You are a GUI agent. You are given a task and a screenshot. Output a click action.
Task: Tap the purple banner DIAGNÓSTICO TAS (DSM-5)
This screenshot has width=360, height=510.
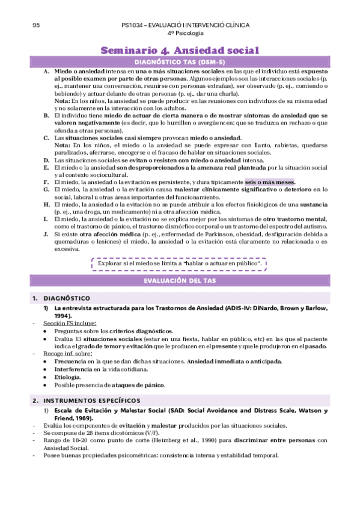(180, 62)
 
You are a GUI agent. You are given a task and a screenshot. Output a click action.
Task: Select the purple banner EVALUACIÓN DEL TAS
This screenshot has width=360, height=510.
(180, 280)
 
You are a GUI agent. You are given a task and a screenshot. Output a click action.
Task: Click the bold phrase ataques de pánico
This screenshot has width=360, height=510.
(139, 384)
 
